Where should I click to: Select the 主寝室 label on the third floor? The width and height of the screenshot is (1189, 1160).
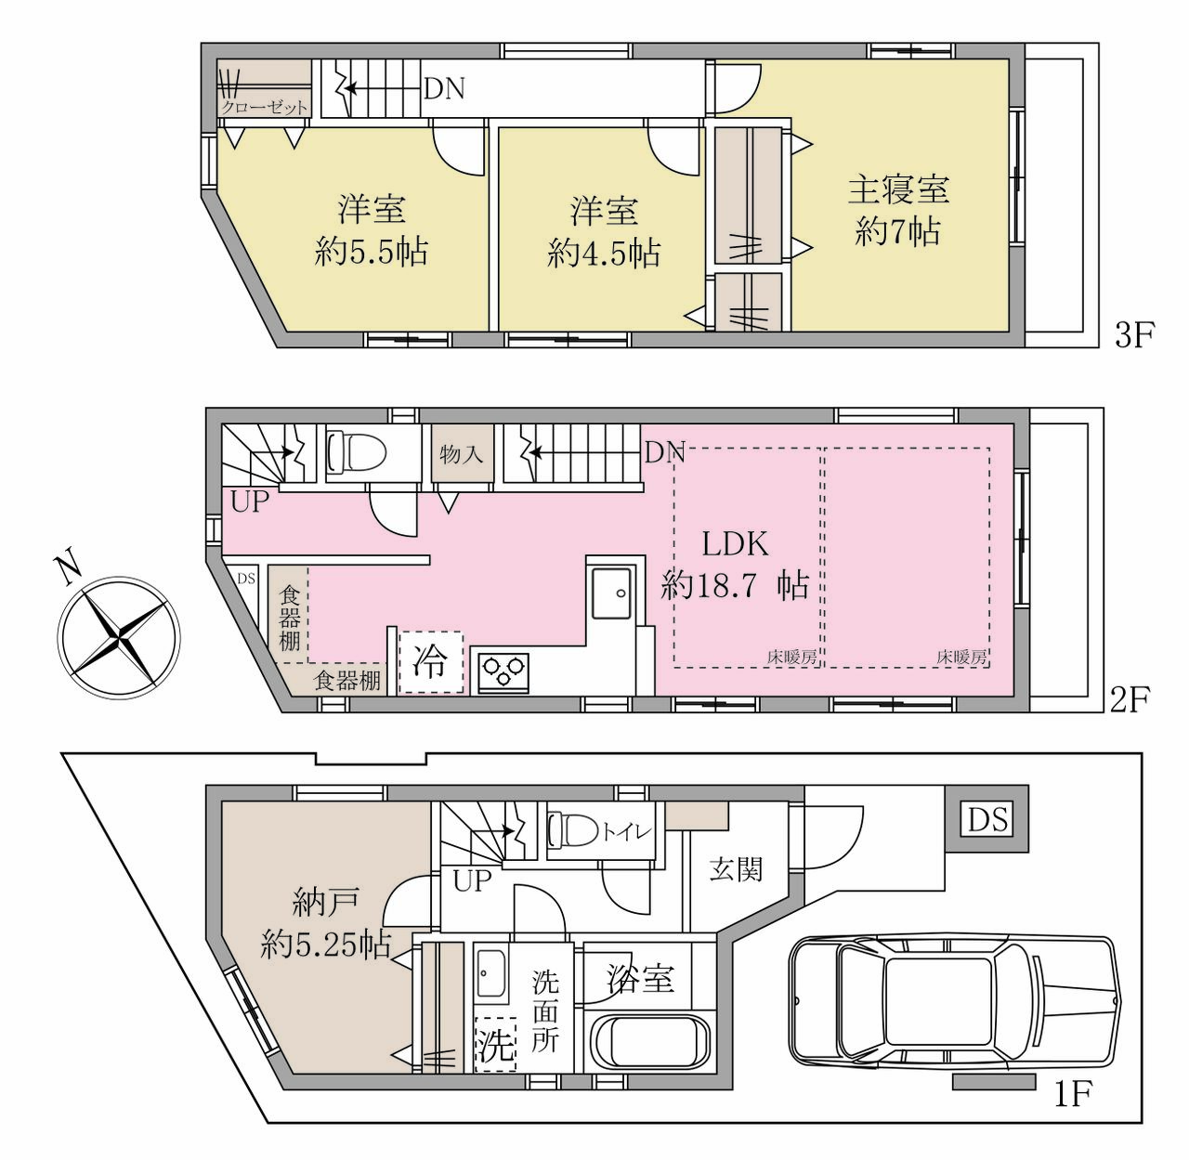click(898, 189)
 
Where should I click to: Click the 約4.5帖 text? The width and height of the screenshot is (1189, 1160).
click(604, 253)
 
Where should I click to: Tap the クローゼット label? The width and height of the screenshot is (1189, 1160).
click(264, 108)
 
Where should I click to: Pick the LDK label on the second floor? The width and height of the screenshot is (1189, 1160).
click(735, 543)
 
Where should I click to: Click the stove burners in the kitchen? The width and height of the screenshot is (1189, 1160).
click(503, 671)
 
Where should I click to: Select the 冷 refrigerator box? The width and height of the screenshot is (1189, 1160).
click(430, 661)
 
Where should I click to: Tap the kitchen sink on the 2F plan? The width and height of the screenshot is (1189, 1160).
click(609, 593)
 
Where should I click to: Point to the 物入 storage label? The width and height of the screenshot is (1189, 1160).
click(462, 454)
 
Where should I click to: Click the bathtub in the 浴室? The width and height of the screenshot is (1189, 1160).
click(649, 1047)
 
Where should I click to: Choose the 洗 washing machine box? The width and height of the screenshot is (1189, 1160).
click(495, 1046)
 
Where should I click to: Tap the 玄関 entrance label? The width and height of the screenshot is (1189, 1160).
click(736, 869)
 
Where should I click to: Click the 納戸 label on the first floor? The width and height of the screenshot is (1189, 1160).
click(325, 903)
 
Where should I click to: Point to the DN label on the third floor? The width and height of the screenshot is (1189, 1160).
click(444, 89)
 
